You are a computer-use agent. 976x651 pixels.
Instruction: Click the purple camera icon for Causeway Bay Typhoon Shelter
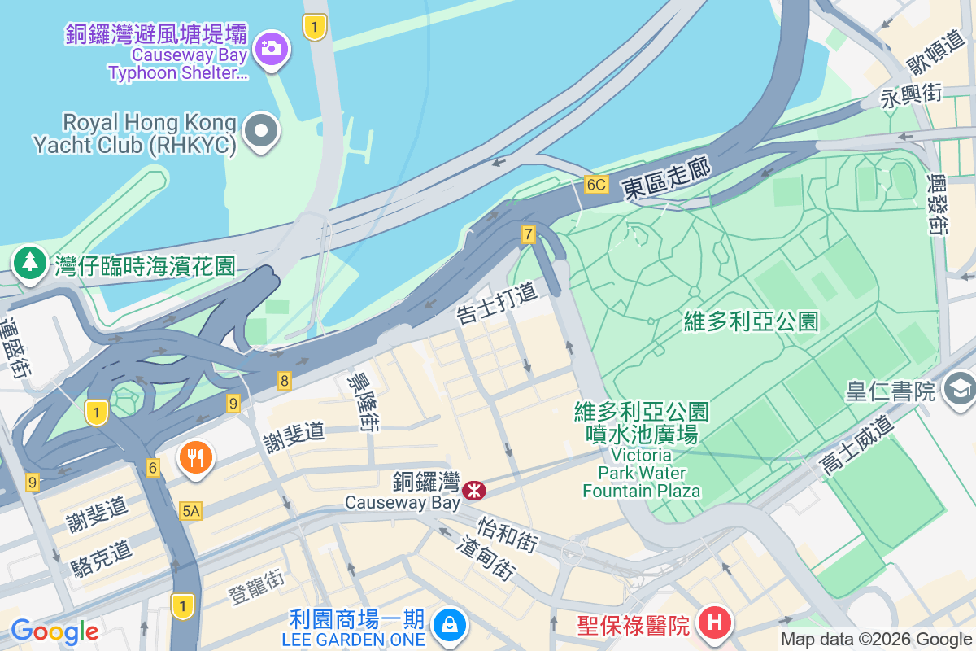(x=270, y=48)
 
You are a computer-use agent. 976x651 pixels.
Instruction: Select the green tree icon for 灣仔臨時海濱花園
(x=30, y=264)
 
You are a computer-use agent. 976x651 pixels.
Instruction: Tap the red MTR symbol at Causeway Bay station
(x=473, y=490)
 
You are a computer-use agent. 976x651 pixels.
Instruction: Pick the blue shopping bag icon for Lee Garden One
(x=447, y=625)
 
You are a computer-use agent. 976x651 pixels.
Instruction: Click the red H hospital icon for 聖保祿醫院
(x=715, y=624)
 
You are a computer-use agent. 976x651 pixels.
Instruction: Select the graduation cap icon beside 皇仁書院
(x=960, y=389)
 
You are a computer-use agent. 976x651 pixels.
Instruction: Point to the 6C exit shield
(x=595, y=185)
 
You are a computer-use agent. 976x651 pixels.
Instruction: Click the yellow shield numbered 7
(x=529, y=235)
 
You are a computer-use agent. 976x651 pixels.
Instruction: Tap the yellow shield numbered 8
(x=284, y=380)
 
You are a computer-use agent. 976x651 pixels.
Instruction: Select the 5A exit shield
(x=190, y=510)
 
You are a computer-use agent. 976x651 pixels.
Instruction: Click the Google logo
(x=54, y=631)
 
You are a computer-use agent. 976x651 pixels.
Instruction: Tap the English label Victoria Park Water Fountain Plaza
(x=641, y=473)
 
